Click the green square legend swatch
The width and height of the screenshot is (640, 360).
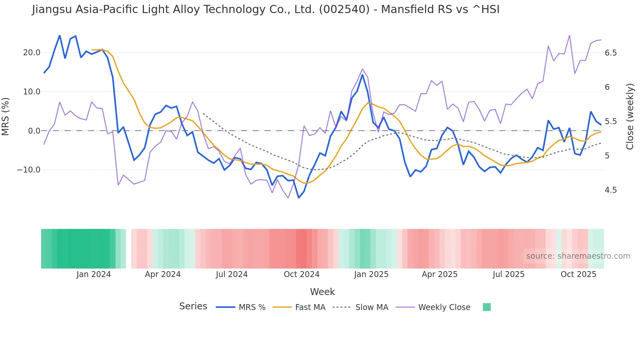(487, 307)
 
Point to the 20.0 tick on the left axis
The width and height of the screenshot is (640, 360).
(32, 53)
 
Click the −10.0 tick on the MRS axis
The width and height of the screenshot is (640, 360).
(29, 170)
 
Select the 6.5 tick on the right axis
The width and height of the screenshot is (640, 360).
(611, 53)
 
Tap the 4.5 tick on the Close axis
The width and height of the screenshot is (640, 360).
(611, 190)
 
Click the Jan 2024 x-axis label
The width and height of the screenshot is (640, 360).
(94, 274)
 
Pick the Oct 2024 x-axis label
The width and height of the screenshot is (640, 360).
(301, 274)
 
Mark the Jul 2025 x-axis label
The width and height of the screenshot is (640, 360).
(508, 274)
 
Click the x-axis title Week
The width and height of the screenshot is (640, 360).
(322, 292)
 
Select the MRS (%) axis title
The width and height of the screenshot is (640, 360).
(6, 116)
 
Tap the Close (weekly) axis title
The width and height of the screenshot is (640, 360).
(630, 116)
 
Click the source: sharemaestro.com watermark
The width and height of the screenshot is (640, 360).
(578, 256)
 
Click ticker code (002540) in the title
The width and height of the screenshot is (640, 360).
(344, 9)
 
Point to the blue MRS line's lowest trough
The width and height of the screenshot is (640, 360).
(298, 198)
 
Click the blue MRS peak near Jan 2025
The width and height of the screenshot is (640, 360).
(362, 75)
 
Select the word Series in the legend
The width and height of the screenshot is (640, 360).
(193, 306)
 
